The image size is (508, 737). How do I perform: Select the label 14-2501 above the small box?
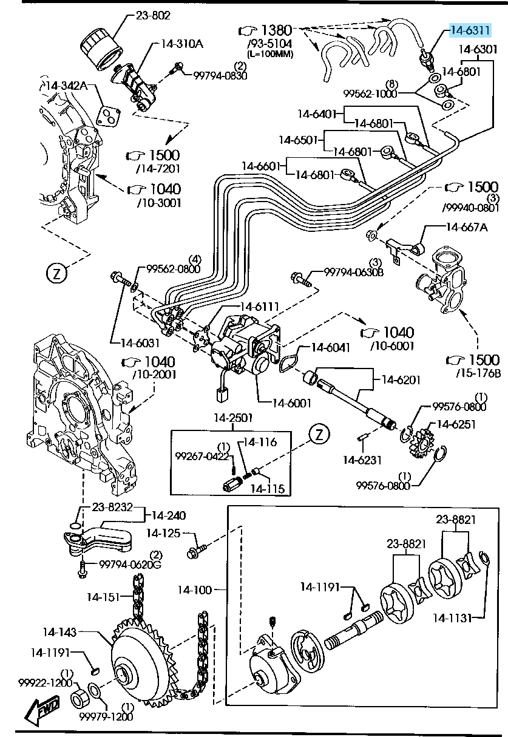(x=232, y=418)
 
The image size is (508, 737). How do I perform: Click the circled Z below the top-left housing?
(x=56, y=273)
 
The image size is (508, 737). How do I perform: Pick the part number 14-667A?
(x=466, y=227)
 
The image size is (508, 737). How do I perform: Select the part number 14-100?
(x=195, y=589)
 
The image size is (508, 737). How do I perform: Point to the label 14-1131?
(x=452, y=618)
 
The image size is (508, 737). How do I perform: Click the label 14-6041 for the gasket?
(x=331, y=348)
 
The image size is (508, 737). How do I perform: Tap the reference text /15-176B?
(x=478, y=372)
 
